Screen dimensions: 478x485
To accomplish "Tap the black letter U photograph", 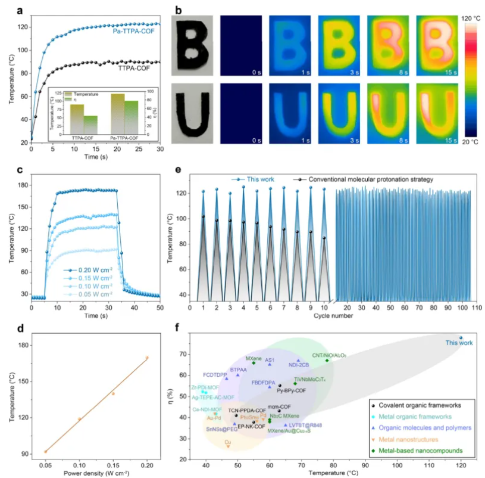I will pos(193,112).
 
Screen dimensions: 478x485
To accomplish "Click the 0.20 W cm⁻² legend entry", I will pos(87,269).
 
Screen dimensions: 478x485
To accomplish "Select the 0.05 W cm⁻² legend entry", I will pos(87,294).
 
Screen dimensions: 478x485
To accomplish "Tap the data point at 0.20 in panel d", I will pos(147,358).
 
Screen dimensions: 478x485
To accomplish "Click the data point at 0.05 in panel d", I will pos(46,452).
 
